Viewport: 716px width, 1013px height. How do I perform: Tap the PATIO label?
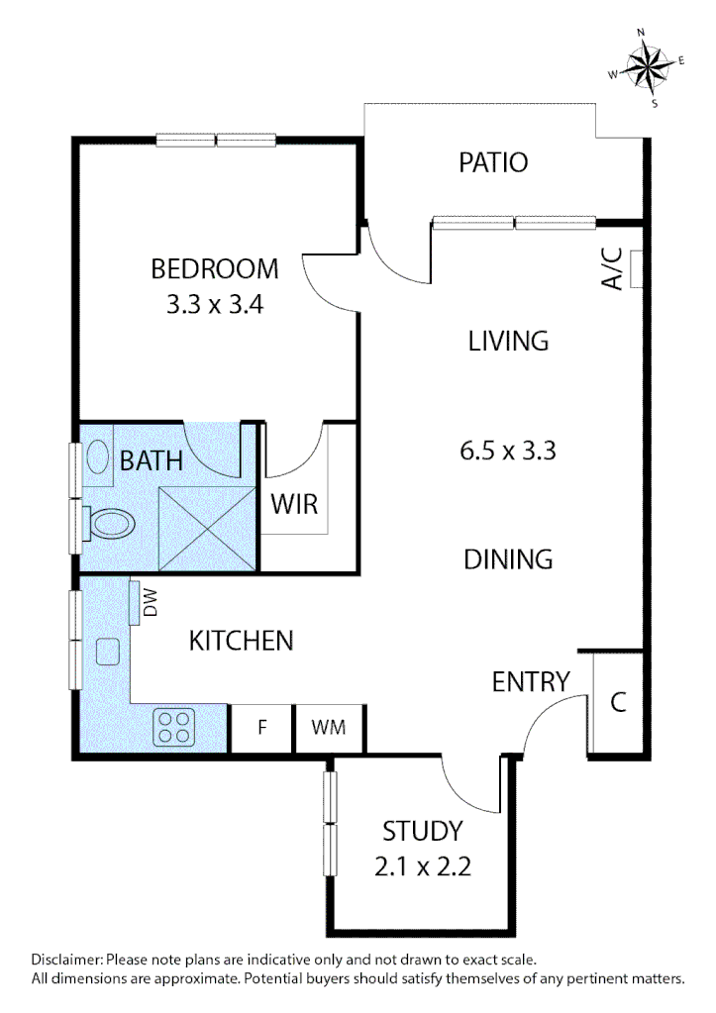coord(493,162)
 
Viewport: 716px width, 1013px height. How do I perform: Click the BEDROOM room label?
coord(214,268)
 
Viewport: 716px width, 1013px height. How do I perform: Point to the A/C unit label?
coord(612,269)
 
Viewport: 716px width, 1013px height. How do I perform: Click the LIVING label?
coord(508,342)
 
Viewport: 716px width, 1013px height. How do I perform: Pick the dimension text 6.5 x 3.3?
coord(508,452)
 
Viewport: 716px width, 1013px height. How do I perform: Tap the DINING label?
coord(508,559)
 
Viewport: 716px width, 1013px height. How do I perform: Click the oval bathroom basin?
coord(99,457)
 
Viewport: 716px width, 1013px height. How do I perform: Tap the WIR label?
coord(295,504)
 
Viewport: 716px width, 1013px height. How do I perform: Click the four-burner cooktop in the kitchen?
coord(175,728)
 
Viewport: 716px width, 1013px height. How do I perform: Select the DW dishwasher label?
coord(151,604)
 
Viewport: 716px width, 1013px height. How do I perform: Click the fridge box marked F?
coord(262,728)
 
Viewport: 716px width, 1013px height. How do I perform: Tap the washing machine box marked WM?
coord(329,728)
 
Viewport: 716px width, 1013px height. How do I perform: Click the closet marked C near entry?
coord(618,703)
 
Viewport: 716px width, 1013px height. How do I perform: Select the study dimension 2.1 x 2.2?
coord(422,867)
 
